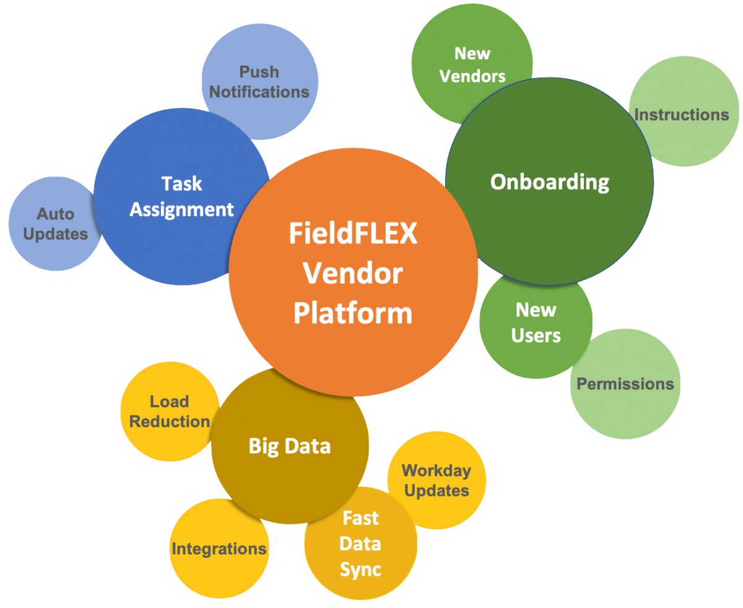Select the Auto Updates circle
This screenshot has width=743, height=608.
click(x=54, y=224)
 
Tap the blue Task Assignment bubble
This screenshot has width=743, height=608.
click(x=181, y=196)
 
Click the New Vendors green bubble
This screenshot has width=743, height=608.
click(x=472, y=64)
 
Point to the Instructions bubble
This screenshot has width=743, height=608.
click(x=681, y=115)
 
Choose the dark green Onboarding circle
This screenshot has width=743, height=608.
click(x=549, y=182)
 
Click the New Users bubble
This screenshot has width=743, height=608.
click(x=536, y=323)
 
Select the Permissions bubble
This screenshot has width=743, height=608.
click(x=625, y=384)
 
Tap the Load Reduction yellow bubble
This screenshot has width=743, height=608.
click(x=169, y=411)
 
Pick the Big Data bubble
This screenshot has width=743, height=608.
click(x=290, y=446)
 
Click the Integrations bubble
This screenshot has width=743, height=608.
click(x=219, y=549)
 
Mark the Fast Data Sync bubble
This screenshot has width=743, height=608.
click(x=361, y=544)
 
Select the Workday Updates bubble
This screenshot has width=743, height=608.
click(x=437, y=480)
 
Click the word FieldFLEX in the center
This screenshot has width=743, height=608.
click(x=353, y=235)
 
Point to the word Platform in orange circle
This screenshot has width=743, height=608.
click(x=352, y=313)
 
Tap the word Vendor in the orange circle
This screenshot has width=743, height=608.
click(x=353, y=274)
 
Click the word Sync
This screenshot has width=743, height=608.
click(x=360, y=570)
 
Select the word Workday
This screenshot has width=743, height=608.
click(x=437, y=471)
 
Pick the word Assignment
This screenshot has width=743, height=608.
click(x=181, y=209)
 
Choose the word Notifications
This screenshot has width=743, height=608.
click(x=259, y=92)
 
